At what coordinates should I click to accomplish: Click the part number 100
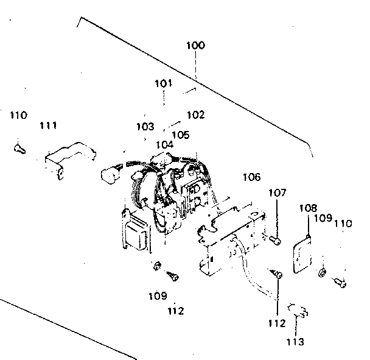tap(195, 45)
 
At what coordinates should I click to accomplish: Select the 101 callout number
tap(162, 83)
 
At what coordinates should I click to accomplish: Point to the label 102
tap(196, 115)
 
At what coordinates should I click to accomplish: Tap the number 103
tap(145, 127)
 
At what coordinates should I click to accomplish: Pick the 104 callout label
tap(164, 144)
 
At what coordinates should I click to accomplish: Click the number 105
tap(180, 134)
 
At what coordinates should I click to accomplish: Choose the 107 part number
tap(277, 193)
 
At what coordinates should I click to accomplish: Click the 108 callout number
tap(309, 208)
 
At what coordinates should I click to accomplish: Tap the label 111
tap(48, 125)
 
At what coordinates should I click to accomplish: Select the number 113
tap(295, 342)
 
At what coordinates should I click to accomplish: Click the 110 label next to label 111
tap(18, 115)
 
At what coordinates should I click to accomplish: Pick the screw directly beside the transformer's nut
tap(173, 275)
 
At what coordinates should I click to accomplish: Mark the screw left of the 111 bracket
tap(18, 147)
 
